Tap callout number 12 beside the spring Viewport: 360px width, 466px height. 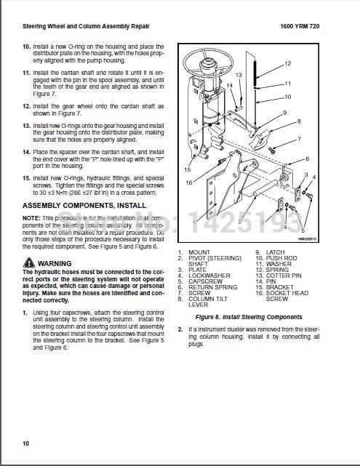point(288,63)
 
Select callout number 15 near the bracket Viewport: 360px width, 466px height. point(188,169)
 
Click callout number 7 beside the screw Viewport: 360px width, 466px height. point(299,138)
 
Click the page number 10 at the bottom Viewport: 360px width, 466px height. point(25,443)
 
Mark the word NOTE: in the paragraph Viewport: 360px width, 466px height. point(31,217)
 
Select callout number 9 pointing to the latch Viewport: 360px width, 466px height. point(284,113)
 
